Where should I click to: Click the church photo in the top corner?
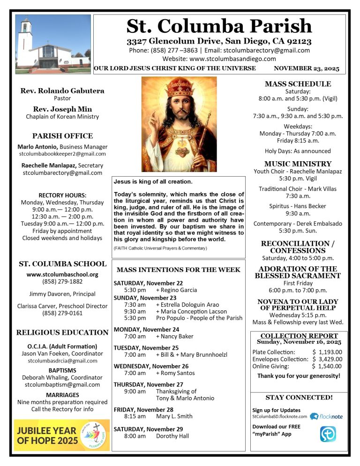[x=52, y=44]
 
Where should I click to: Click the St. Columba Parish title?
[x=219, y=26]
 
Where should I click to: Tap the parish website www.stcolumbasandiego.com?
[x=219, y=59]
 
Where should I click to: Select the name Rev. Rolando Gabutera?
[x=62, y=91]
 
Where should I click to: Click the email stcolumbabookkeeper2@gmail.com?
[x=62, y=153]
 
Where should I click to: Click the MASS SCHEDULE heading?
[x=298, y=84]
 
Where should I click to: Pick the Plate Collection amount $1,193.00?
[x=327, y=352]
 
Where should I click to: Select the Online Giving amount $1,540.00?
[x=327, y=366]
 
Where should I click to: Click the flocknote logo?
[x=327, y=416]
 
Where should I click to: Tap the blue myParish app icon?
[x=328, y=434]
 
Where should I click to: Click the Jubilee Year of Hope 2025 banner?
[x=62, y=435]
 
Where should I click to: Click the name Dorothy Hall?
[x=172, y=436]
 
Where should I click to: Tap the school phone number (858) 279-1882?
[x=62, y=281]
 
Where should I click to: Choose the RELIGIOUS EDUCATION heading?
[x=62, y=332]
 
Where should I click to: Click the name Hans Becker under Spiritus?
[x=309, y=206]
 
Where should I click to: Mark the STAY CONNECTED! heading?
[x=299, y=398]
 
